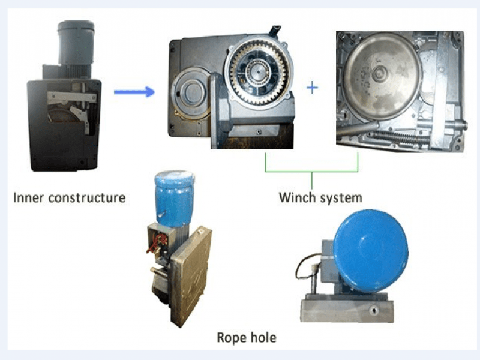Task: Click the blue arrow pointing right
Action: (x=134, y=91)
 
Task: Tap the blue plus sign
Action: (x=313, y=88)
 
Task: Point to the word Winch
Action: (x=296, y=197)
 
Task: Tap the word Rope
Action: (x=230, y=338)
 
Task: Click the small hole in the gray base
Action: (x=373, y=311)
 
